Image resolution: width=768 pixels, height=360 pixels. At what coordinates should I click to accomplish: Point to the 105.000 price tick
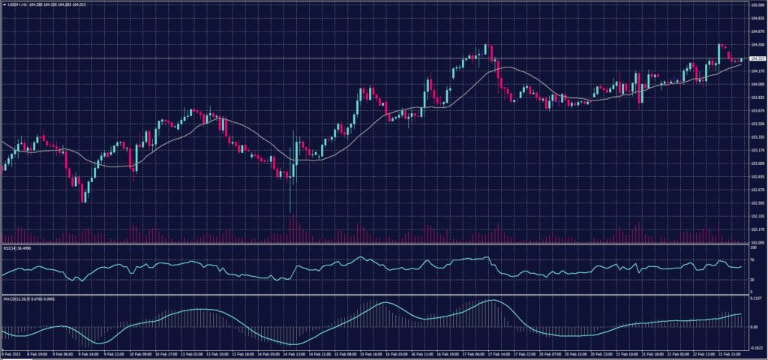[x=756, y=4]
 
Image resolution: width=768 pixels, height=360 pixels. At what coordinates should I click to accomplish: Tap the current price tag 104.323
[x=757, y=58]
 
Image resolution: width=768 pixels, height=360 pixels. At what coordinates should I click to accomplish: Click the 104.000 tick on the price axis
[x=756, y=84]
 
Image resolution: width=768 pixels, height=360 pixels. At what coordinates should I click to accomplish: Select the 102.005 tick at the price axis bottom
[x=756, y=242]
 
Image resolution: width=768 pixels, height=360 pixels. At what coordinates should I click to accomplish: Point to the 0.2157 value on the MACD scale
[x=755, y=298]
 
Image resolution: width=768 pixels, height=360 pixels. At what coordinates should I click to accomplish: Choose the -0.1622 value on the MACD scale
[x=755, y=347]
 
